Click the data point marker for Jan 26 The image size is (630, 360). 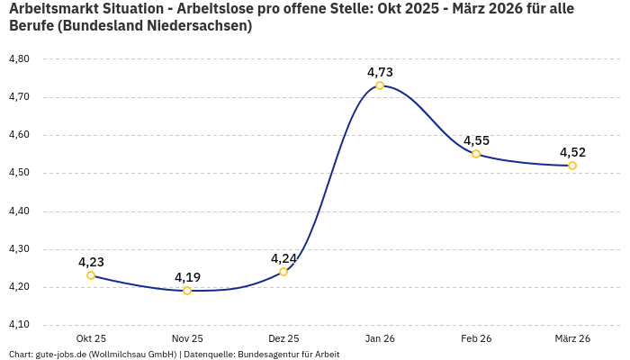(x=380, y=85)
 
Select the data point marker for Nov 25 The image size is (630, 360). (x=187, y=291)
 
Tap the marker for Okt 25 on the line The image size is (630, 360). (x=91, y=275)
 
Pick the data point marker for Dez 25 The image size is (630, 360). (x=283, y=272)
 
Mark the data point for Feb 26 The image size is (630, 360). (x=476, y=154)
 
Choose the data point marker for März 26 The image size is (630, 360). (x=572, y=166)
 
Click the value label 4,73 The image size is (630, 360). (x=380, y=72)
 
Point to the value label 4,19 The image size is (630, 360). (x=187, y=277)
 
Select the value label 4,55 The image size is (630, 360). (x=476, y=140)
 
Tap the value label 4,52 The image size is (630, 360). (x=572, y=152)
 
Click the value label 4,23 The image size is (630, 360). (x=91, y=262)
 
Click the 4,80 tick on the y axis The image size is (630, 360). (x=19, y=58)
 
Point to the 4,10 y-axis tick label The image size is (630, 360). (x=19, y=325)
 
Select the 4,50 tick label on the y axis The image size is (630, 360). (x=19, y=173)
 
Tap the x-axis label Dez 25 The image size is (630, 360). (x=283, y=338)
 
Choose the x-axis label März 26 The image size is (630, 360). (x=572, y=338)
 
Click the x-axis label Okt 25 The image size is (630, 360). (x=91, y=338)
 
